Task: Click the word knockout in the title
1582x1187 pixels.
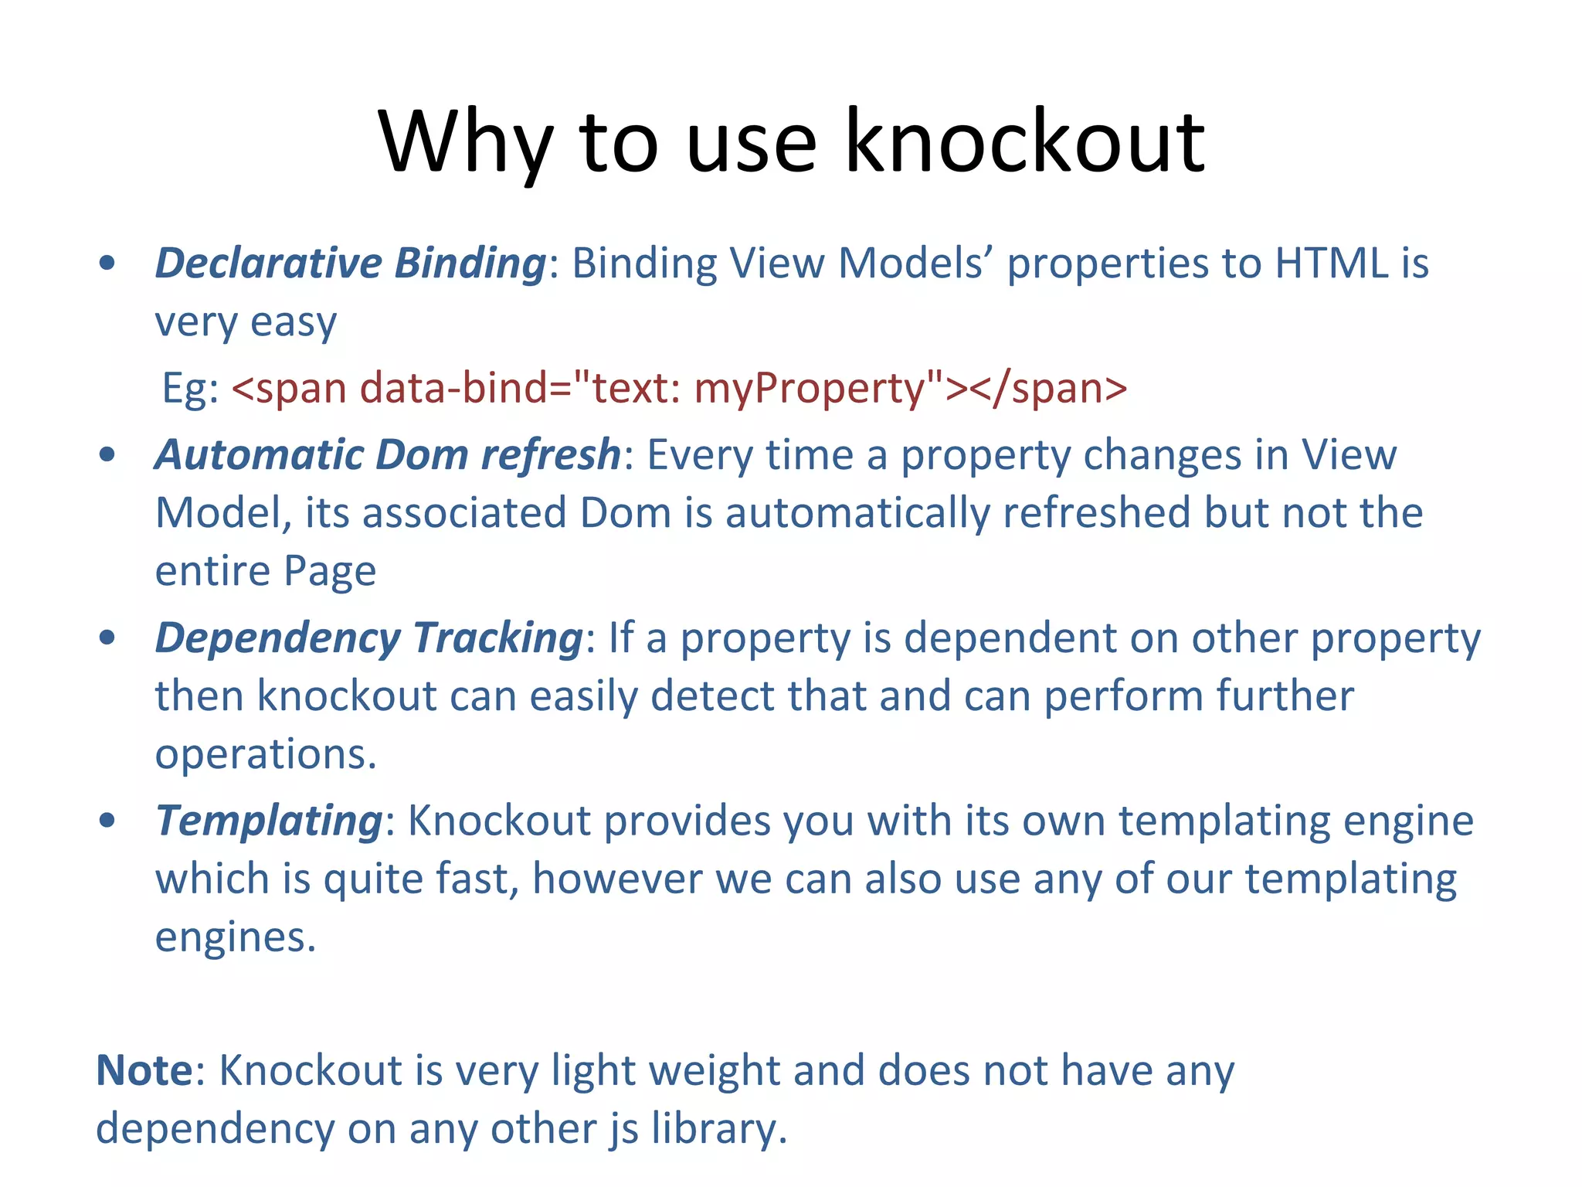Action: pyautogui.click(x=1024, y=142)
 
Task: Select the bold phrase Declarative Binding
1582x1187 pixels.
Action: pyautogui.click(x=351, y=264)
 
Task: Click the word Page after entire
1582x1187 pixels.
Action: pyautogui.click(x=330, y=572)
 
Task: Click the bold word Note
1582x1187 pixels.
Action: pyautogui.click(x=144, y=1071)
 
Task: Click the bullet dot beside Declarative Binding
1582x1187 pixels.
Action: pyautogui.click(x=107, y=264)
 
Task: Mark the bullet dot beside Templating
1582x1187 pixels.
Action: pyautogui.click(x=107, y=821)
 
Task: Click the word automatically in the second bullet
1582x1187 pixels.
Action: pyautogui.click(x=857, y=514)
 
